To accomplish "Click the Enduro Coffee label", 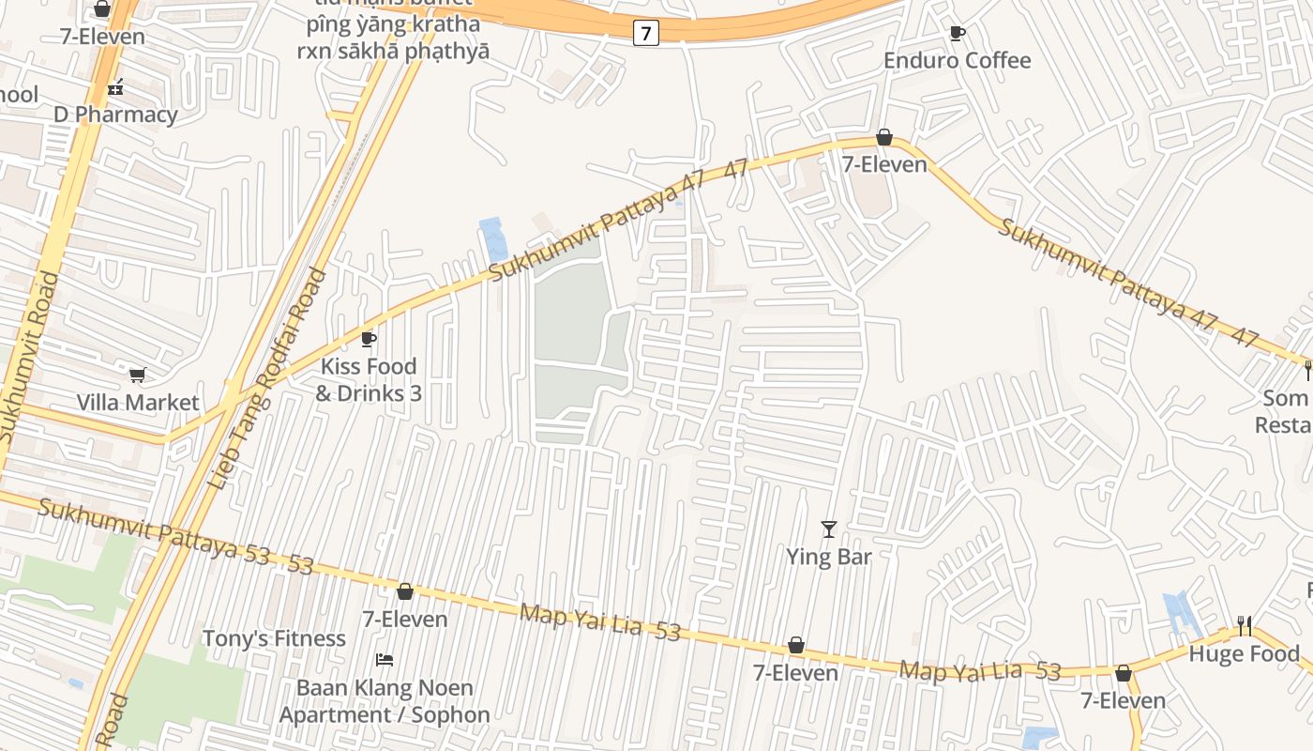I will click(957, 61).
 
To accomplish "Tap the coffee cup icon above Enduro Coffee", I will click(957, 34).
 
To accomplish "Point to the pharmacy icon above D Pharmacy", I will click(115, 87).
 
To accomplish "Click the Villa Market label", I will click(138, 403).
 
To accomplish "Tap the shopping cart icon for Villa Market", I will click(138, 375).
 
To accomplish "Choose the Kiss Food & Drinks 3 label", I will click(369, 379).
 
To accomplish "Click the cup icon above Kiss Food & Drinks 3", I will click(369, 339).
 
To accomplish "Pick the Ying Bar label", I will click(829, 557).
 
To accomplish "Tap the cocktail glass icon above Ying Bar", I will click(828, 529).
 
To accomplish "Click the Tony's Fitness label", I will click(274, 639).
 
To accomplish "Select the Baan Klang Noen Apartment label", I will click(385, 701).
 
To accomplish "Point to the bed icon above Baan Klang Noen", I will click(385, 660).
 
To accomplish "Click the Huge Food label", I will click(1245, 653).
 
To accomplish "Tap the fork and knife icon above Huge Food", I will click(1245, 626).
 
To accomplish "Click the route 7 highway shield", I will click(645, 33).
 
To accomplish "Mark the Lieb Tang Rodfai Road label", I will click(267, 378).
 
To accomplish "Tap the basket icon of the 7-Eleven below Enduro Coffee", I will click(883, 138).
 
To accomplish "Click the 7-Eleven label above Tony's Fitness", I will click(405, 620).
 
